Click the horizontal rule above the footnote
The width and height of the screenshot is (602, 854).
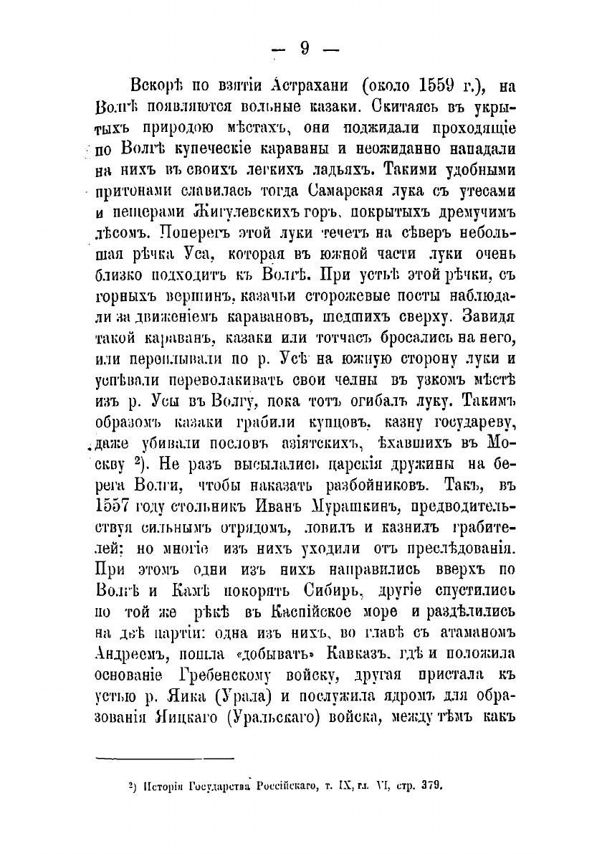click(165, 758)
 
